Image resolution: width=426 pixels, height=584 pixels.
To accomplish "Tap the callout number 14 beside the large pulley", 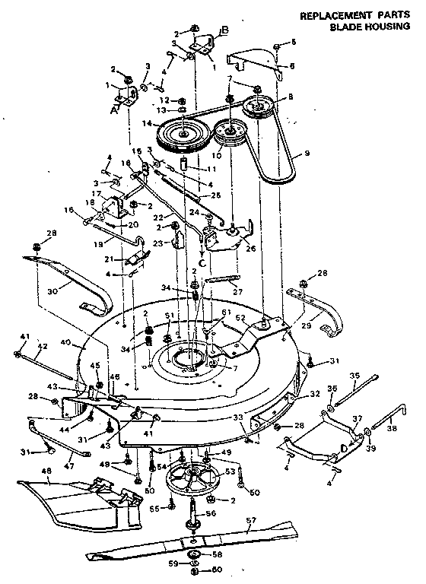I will click(148, 123).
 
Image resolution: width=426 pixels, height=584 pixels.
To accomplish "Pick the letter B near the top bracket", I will click(224, 31).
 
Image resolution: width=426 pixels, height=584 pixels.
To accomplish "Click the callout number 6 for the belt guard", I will click(291, 66).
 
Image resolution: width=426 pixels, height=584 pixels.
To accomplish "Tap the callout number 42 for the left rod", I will click(43, 347).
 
